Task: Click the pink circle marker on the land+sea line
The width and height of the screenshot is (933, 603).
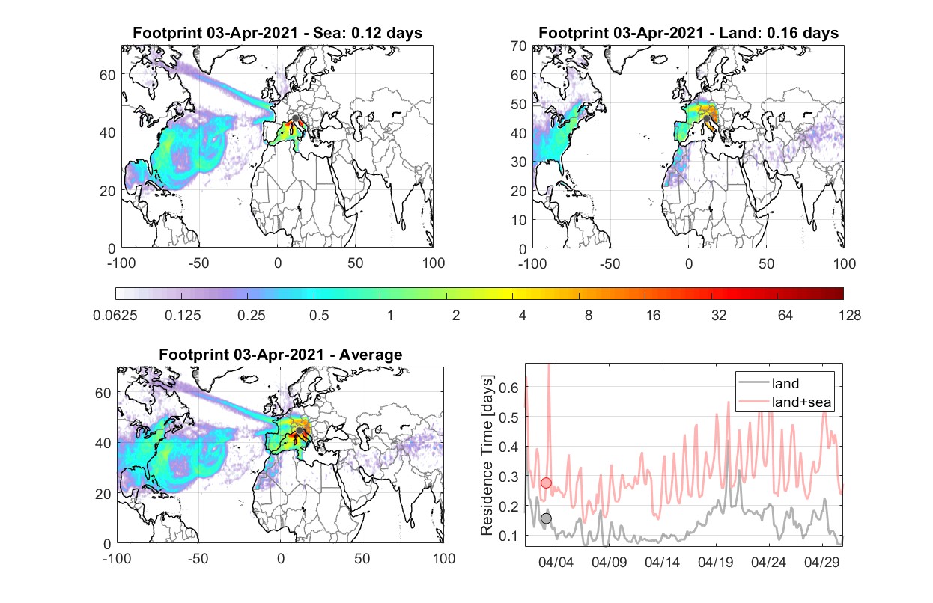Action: coord(546,483)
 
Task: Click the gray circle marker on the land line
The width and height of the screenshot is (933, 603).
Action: coord(546,518)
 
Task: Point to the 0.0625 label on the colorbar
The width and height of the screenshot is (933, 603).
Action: coord(115,316)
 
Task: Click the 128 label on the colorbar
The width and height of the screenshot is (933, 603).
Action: coord(850,316)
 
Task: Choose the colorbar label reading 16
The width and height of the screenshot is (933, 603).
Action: coord(653,316)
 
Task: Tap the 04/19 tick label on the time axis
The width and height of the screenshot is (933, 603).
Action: coord(715,562)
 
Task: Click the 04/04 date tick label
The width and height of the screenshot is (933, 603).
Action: coord(556,562)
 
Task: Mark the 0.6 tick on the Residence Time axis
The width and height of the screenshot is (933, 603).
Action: coord(509,388)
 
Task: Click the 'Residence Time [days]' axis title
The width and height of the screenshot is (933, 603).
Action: coord(487,455)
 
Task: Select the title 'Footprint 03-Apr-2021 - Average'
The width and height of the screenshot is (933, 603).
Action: coord(281,355)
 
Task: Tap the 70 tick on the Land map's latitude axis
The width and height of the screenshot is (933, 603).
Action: coord(519,46)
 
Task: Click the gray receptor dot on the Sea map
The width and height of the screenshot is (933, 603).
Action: coord(295,118)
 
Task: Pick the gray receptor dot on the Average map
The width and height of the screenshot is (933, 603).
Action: coord(300,430)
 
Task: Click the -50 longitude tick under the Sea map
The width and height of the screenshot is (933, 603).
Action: coord(199,263)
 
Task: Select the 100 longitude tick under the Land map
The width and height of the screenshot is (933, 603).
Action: coord(845,263)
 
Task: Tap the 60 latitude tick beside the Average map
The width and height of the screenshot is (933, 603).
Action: coord(103,393)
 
